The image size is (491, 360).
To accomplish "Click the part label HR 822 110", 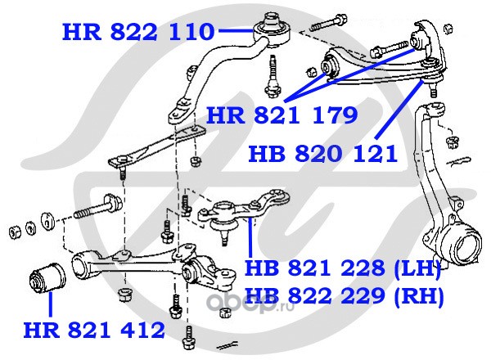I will [x=138, y=32].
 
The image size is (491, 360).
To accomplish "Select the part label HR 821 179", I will [x=282, y=115].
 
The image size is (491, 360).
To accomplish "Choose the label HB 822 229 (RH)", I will [x=342, y=295].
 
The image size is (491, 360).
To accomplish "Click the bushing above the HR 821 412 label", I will [x=47, y=279].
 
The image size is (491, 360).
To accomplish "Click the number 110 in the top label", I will [x=191, y=32].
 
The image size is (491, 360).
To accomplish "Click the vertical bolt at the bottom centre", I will [x=190, y=335].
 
